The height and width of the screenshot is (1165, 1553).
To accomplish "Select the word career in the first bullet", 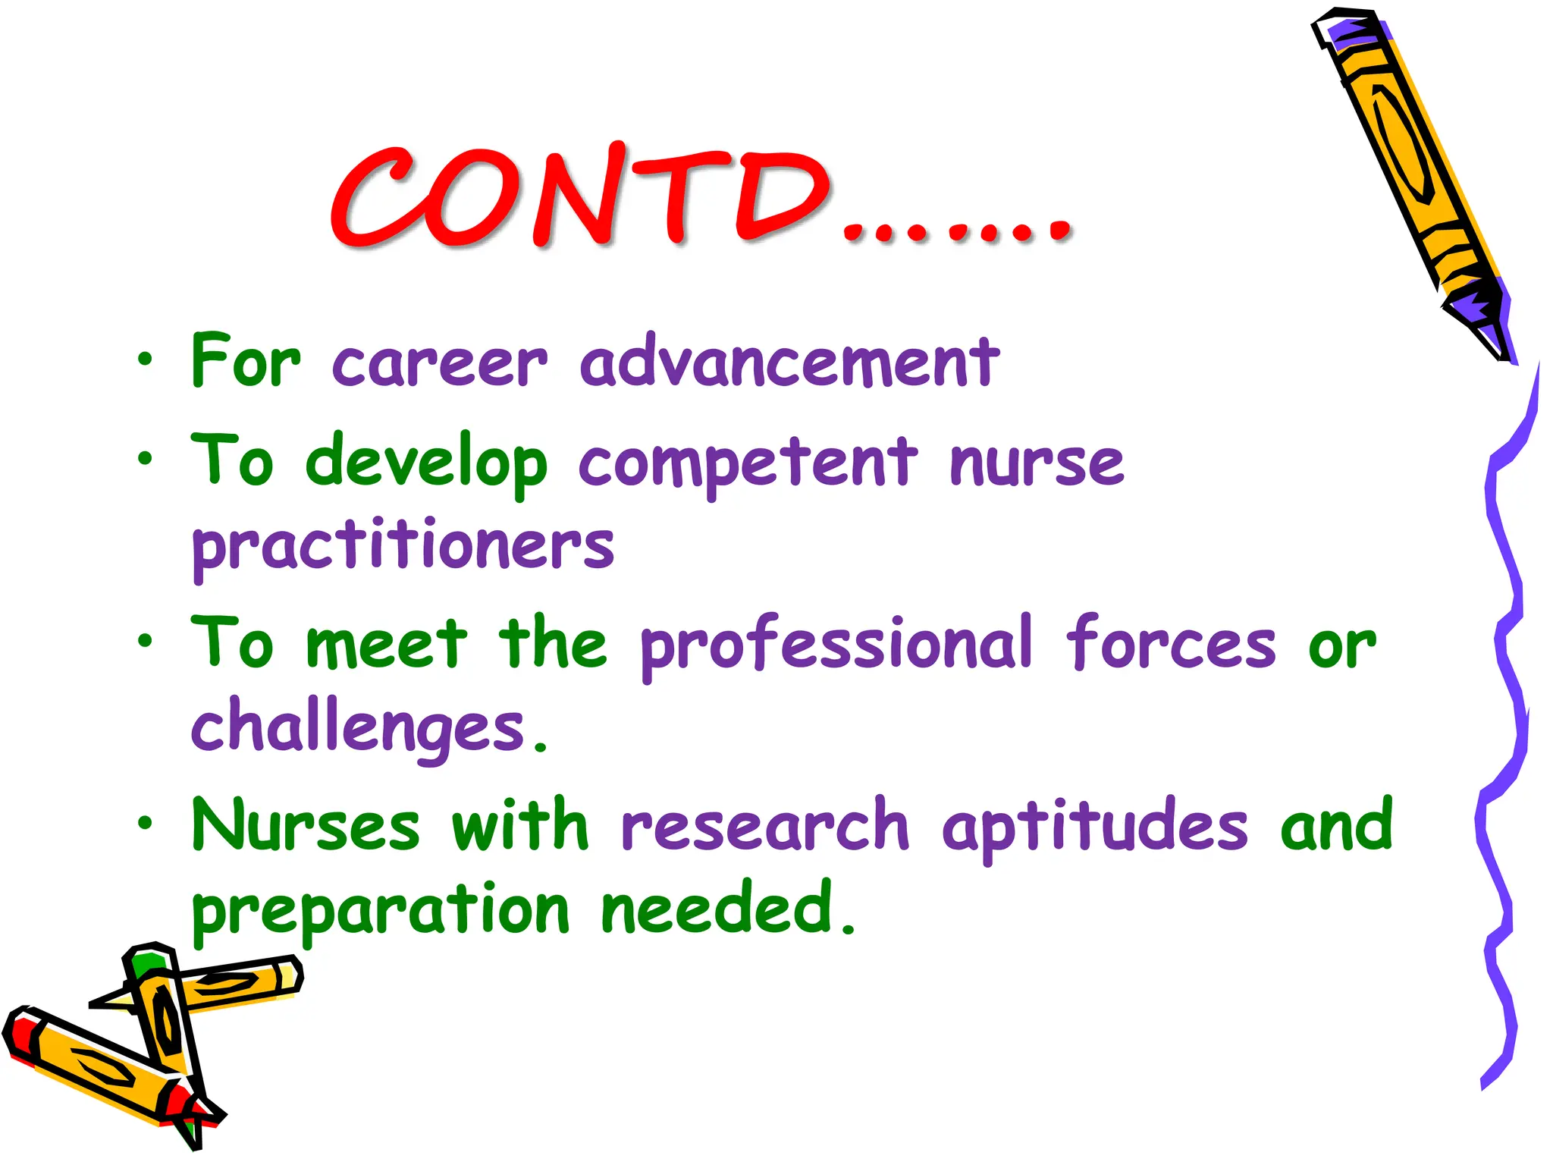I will click(x=440, y=363).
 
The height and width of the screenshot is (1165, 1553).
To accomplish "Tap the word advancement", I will click(x=789, y=363).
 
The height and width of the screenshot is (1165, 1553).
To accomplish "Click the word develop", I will click(x=425, y=463).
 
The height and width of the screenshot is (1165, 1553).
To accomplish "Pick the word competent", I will click(x=748, y=463).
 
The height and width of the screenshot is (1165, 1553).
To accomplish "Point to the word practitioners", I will click(x=403, y=546).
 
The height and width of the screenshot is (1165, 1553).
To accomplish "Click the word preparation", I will click(x=380, y=910).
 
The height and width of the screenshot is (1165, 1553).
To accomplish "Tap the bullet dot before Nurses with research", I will click(x=145, y=822).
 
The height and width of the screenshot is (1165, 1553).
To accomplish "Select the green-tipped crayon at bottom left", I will click(x=163, y=1009).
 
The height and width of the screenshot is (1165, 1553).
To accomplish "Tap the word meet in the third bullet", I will click(x=387, y=645).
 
